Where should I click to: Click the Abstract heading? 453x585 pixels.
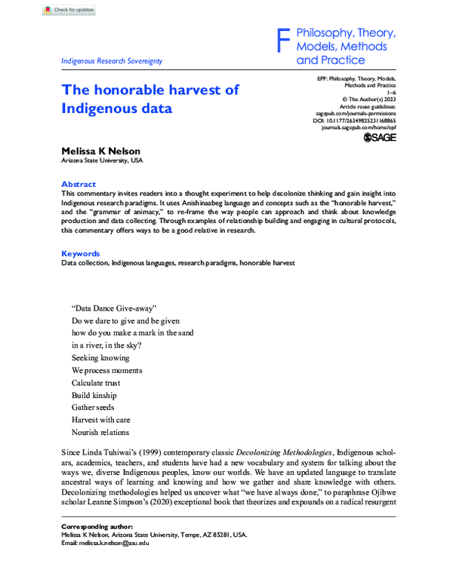[79, 184]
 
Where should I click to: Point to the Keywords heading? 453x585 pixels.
[80, 253]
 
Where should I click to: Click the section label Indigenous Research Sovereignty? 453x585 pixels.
[112, 61]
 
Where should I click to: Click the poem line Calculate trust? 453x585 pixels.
[95, 383]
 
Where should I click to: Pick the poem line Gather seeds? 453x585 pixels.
[93, 407]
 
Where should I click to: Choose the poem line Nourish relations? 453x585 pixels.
[100, 432]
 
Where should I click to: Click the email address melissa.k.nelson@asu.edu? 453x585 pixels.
[113, 542]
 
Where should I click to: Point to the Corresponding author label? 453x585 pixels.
[96, 526]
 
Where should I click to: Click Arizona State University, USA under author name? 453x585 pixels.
[101, 161]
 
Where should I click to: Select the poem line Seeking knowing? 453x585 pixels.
[100, 358]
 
